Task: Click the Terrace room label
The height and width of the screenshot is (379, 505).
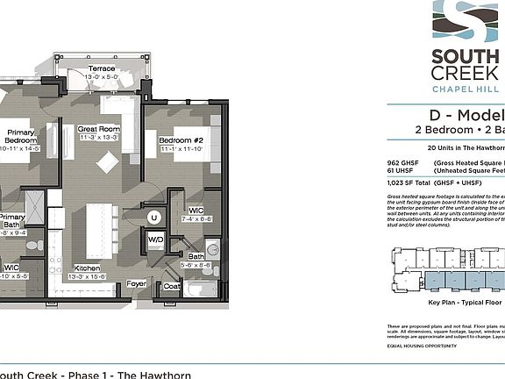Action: (x=103, y=68)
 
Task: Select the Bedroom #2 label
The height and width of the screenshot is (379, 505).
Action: (x=181, y=140)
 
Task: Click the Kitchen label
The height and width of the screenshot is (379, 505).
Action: (x=86, y=268)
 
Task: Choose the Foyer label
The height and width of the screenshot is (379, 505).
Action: (x=137, y=283)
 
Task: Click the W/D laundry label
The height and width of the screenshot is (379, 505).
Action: (x=155, y=239)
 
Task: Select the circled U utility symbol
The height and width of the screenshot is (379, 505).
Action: (x=154, y=217)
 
